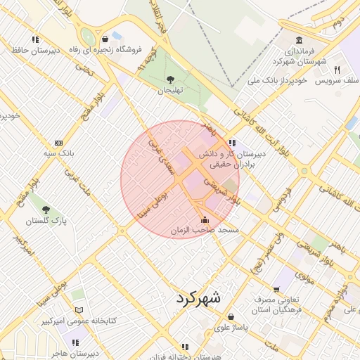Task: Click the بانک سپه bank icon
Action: pos(58,143)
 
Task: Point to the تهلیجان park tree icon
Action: pos(169,79)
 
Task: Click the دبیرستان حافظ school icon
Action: pos(34,39)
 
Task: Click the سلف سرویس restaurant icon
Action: pos(337,70)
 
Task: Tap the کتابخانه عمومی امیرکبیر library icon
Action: pos(79,310)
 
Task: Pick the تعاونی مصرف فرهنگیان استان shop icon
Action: pos(276,289)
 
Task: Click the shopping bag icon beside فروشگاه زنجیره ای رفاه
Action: pos(105,39)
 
